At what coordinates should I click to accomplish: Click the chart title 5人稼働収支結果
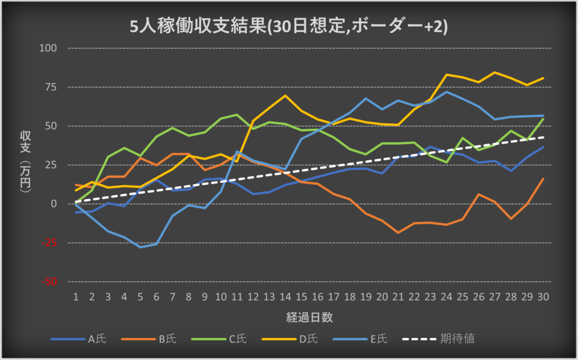(288, 27)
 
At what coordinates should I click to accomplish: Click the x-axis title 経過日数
(309, 317)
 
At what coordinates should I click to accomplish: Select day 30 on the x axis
(543, 296)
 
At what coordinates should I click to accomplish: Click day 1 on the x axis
(76, 296)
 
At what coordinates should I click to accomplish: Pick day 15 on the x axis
(301, 296)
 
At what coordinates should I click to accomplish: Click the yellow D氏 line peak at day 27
(495, 72)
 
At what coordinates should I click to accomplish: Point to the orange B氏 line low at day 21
(398, 232)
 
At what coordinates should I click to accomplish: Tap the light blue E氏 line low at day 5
(140, 247)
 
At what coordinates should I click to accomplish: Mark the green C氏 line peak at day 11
(237, 115)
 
